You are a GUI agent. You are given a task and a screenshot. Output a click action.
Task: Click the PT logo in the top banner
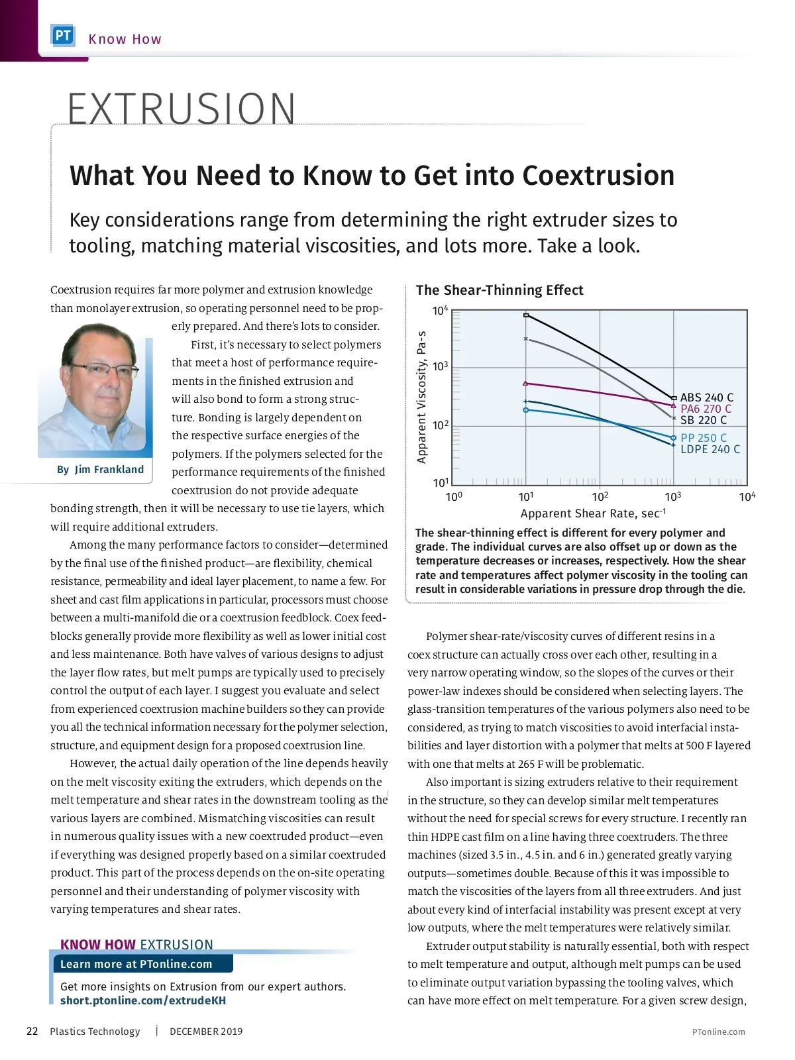(63, 36)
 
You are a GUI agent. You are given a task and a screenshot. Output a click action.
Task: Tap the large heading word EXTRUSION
(182, 109)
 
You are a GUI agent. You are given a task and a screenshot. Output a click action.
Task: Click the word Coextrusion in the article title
(598, 176)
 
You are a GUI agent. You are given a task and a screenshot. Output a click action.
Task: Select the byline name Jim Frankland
(109, 470)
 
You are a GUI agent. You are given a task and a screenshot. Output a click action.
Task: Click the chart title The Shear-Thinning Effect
(500, 290)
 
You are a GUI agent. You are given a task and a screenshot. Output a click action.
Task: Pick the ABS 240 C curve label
(707, 397)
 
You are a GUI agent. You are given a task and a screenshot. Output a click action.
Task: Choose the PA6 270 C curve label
(706, 409)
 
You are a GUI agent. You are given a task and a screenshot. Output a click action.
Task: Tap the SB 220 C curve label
(704, 420)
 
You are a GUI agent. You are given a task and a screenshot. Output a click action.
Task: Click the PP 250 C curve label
(704, 438)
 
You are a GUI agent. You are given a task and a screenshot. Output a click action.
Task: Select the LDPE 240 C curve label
(710, 449)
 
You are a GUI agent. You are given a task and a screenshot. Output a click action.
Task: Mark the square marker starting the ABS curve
(526, 315)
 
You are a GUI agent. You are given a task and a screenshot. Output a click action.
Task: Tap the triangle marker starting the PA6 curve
(526, 383)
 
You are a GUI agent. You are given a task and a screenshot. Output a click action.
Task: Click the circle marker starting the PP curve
(526, 410)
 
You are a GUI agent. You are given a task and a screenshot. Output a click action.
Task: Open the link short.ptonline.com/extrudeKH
(143, 1000)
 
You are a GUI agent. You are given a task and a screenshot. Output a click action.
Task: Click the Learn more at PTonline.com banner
(136, 964)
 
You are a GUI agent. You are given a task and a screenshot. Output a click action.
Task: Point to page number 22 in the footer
(32, 1032)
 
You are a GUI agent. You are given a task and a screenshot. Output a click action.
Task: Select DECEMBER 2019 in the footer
(206, 1032)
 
